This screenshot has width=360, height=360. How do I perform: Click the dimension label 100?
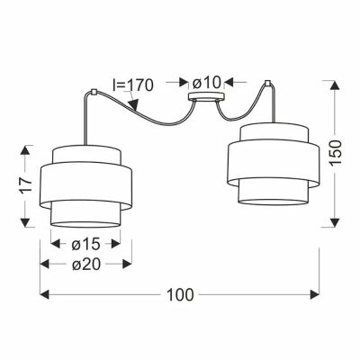tap(180, 295)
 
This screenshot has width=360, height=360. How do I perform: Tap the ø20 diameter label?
tap(85, 265)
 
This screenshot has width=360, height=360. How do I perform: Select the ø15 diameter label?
tap(85, 245)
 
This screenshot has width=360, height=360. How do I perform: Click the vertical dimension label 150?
tap(335, 152)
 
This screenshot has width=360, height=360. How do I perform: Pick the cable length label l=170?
tap(132, 85)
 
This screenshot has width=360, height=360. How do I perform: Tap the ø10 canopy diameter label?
tap(206, 83)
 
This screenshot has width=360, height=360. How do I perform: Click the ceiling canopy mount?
tap(206, 96)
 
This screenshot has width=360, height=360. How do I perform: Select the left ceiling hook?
tap(93, 92)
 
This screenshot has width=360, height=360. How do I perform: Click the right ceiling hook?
tap(267, 82)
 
